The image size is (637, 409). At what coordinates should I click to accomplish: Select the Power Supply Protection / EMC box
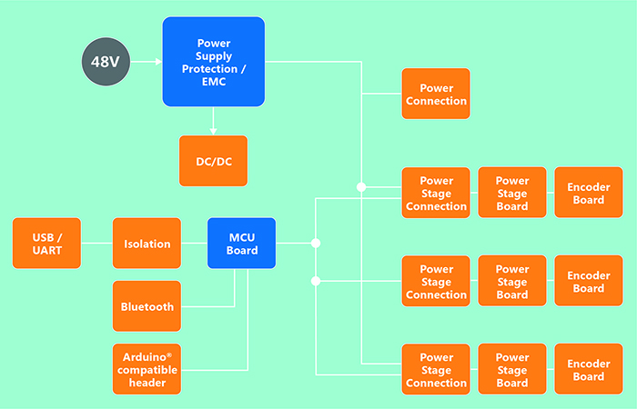pyautogui.click(x=214, y=62)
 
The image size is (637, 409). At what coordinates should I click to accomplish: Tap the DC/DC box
pyautogui.click(x=214, y=161)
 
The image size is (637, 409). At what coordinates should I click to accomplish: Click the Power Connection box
pyautogui.click(x=436, y=94)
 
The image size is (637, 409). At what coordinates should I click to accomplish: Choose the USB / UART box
pyautogui.click(x=47, y=244)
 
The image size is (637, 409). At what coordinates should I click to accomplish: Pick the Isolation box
pyautogui.click(x=147, y=244)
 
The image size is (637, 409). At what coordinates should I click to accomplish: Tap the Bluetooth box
pyautogui.click(x=147, y=306)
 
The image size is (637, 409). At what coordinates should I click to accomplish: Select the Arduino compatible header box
pyautogui.click(x=147, y=369)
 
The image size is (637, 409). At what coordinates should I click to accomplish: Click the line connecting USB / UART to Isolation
pyautogui.click(x=96, y=244)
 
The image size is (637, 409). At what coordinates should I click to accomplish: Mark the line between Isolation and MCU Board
pyautogui.click(x=194, y=244)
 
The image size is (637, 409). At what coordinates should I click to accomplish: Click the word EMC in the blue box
pyautogui.click(x=214, y=81)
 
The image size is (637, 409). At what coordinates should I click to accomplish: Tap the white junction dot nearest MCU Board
pyautogui.click(x=316, y=244)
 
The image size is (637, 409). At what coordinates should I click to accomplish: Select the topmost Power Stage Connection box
pyautogui.click(x=436, y=194)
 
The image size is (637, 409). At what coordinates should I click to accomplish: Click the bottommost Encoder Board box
pyautogui.click(x=589, y=370)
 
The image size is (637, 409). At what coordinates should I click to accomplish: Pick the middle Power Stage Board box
pyautogui.click(x=512, y=282)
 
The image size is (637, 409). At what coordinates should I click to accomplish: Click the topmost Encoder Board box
pyautogui.click(x=589, y=194)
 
